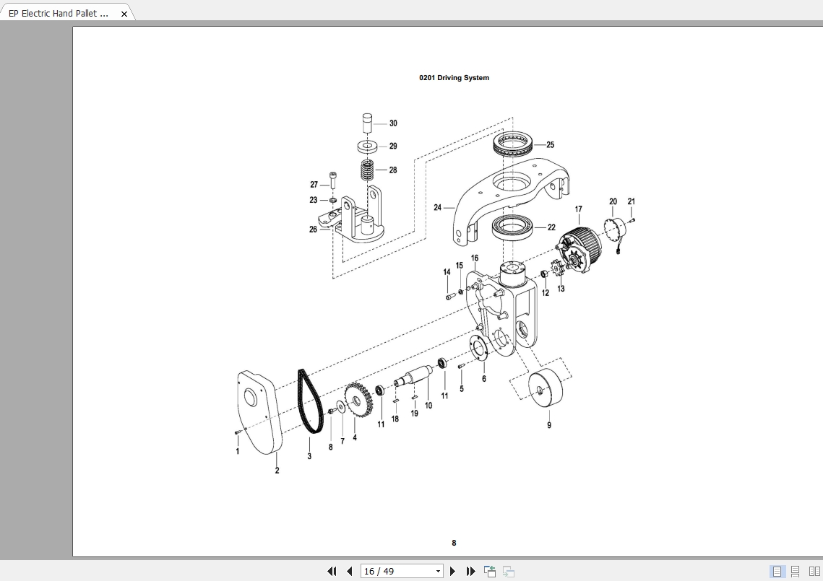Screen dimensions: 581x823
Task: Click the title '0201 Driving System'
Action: pos(454,78)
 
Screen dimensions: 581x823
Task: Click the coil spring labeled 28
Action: pos(369,171)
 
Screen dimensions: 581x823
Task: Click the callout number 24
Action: pos(437,208)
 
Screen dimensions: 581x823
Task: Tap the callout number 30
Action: pos(393,123)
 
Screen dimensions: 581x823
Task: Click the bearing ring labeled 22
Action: pos(512,227)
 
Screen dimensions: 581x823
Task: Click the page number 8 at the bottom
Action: pos(454,543)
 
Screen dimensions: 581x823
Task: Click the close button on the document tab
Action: pos(124,14)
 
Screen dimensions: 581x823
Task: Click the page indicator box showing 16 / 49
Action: pos(402,572)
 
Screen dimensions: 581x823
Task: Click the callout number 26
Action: pos(314,230)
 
